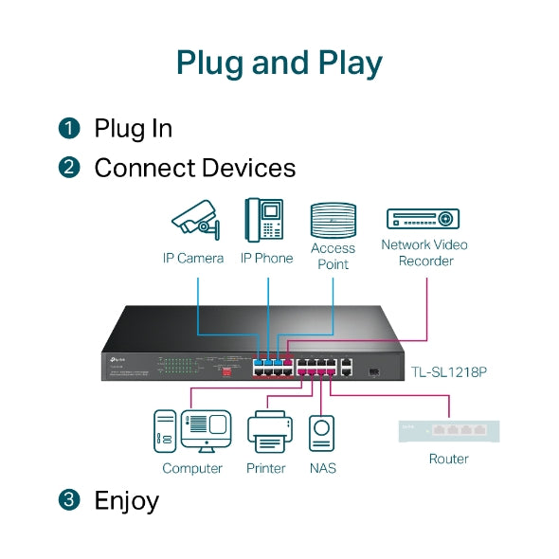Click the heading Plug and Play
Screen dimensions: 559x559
point(279,63)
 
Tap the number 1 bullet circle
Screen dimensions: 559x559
point(69,128)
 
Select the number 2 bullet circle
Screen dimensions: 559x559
point(69,169)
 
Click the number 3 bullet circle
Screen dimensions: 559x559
point(69,500)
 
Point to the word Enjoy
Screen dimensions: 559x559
point(126,500)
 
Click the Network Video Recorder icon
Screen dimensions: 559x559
point(424,218)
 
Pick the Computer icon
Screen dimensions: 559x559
point(192,432)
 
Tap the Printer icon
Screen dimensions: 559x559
point(266,433)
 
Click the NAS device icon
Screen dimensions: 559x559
point(322,434)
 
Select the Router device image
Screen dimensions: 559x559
point(448,429)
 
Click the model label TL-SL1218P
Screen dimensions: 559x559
point(448,372)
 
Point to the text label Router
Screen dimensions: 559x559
point(448,459)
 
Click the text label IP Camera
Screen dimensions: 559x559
point(192,258)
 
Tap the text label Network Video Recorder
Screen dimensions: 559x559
point(424,253)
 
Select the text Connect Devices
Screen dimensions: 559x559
point(194,169)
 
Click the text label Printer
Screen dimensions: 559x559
point(266,468)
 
